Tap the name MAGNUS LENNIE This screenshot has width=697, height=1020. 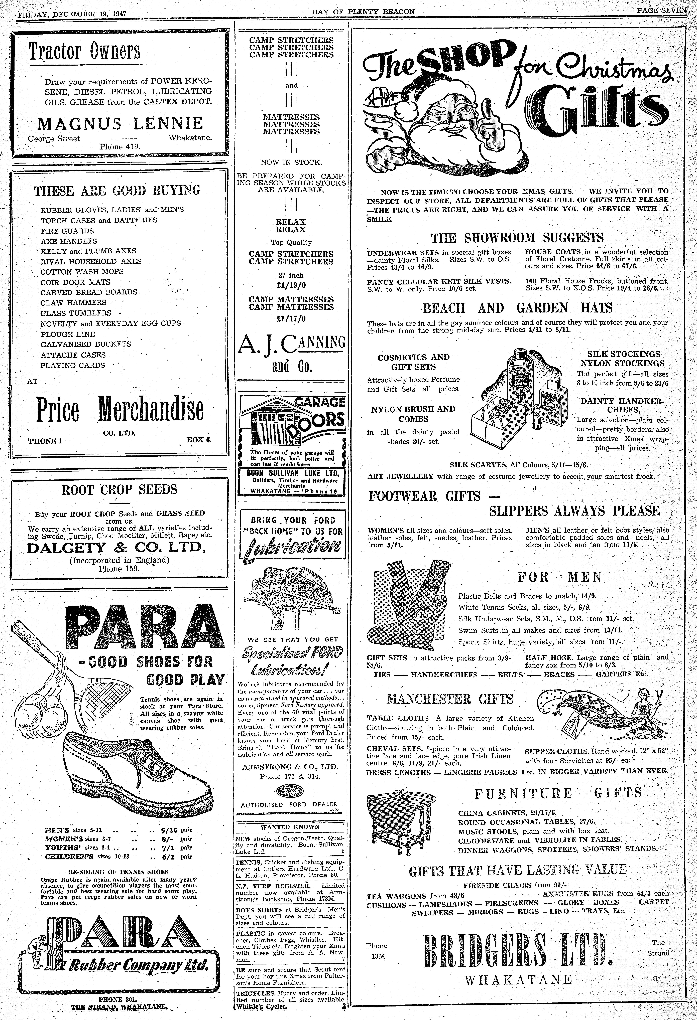(x=120, y=124)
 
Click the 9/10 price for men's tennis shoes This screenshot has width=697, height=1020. (x=169, y=830)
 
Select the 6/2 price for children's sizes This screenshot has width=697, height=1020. (x=169, y=856)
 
